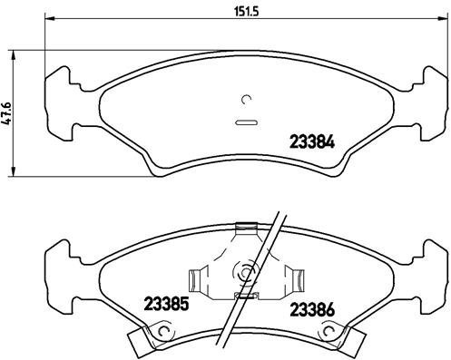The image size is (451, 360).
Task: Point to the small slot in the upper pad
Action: click(x=246, y=121)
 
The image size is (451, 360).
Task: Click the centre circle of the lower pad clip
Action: click(x=244, y=271)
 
